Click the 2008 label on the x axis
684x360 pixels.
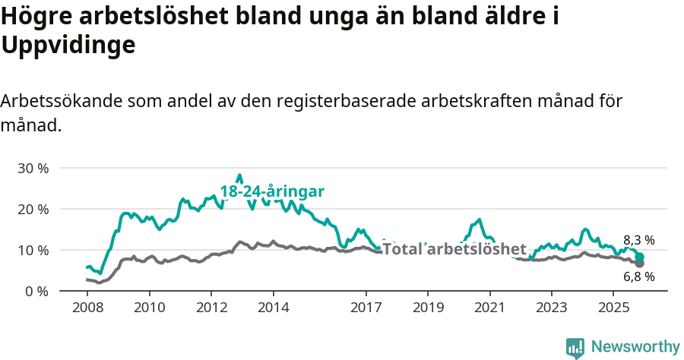point(87,308)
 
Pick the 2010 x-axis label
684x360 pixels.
point(150,308)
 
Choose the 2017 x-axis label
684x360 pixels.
point(366,308)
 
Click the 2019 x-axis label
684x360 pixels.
point(428,308)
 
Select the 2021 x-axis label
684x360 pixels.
point(490,308)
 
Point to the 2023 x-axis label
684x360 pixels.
point(552,308)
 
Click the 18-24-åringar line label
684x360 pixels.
point(272,191)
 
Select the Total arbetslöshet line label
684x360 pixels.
point(454,249)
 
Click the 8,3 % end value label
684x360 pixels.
point(638,240)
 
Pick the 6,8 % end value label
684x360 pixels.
point(638,276)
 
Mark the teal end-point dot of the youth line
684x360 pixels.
point(640,257)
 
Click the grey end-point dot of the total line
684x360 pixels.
point(640,264)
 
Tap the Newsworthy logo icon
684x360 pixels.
point(575,347)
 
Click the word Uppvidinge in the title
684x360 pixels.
point(68,46)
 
